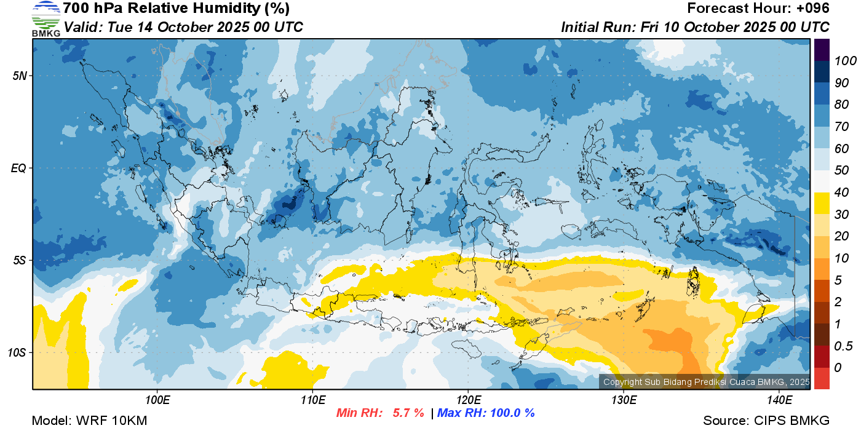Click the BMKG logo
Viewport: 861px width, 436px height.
46,18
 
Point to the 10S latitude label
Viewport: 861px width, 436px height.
17,352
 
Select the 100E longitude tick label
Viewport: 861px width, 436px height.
157,400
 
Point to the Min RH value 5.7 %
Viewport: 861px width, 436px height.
408,413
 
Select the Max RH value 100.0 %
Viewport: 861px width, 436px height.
510,413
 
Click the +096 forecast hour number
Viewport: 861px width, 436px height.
812,9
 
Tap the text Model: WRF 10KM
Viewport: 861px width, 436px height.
89,421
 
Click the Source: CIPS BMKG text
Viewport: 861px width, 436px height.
766,421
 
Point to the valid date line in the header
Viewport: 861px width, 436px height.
183,27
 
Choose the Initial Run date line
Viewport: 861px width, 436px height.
695,27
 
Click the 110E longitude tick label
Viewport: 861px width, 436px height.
313,400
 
